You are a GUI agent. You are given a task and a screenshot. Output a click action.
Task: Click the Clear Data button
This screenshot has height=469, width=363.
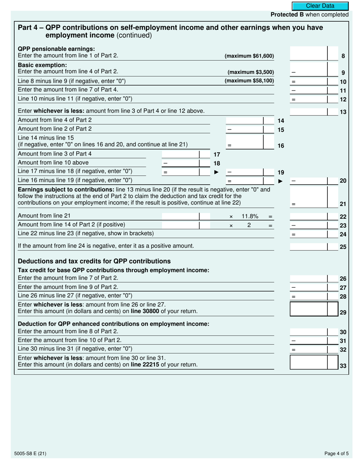click(x=320, y=6)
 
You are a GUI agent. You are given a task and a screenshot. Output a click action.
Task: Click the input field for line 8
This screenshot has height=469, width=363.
click(x=309, y=54)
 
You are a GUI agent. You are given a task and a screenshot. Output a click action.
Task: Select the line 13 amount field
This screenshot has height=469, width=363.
click(x=309, y=112)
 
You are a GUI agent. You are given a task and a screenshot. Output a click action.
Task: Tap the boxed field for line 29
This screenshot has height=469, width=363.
click(x=309, y=309)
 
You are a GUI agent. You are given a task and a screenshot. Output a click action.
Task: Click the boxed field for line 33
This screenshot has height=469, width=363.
click(x=309, y=362)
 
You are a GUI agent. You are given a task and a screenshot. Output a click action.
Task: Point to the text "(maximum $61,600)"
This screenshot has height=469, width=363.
click(x=250, y=56)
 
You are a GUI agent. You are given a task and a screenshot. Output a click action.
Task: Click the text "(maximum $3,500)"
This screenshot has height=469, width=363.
click(x=251, y=72)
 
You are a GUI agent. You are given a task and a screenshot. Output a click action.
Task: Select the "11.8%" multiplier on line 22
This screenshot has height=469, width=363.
click(x=250, y=217)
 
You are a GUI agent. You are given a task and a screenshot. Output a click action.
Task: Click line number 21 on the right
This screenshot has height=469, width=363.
click(x=343, y=204)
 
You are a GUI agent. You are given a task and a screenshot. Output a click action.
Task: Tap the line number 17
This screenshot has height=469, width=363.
click(x=217, y=155)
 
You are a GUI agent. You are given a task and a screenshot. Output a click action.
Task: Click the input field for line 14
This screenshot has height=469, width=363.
click(x=245, y=120)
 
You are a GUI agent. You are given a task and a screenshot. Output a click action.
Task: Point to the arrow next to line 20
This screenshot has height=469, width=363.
click(x=280, y=181)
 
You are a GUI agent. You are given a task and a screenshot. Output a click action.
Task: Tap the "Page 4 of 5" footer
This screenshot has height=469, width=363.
click(x=336, y=454)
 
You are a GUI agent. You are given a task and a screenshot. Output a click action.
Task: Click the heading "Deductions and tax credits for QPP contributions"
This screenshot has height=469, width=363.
click(x=94, y=261)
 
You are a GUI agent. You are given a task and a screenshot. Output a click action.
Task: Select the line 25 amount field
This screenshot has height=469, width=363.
click(x=309, y=246)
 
